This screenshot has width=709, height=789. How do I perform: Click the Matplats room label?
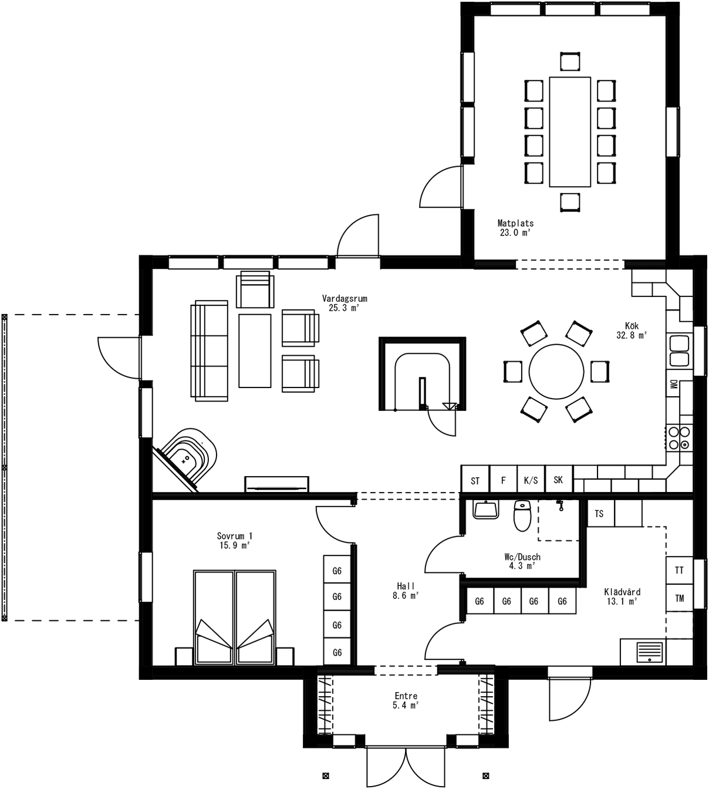515,228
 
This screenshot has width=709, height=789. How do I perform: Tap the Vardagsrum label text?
345,303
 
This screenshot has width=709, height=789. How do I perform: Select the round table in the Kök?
556,372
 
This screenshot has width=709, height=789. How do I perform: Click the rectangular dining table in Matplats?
569,131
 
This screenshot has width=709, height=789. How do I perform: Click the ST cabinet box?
475,480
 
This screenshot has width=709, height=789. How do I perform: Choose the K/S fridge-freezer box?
531,480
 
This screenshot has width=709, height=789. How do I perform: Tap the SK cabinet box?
558,480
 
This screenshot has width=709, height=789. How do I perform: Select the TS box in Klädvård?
599,514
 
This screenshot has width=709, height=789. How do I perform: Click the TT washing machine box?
679,570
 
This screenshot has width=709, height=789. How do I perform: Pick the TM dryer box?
679,598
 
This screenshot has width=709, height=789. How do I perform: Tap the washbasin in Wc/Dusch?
485,510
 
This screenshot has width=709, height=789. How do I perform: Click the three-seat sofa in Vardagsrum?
210,350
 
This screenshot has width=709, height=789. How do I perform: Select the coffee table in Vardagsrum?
255,350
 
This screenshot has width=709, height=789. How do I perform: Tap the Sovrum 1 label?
234,540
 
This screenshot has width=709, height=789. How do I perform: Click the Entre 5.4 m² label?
406,700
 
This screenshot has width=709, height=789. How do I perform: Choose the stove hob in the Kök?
679,438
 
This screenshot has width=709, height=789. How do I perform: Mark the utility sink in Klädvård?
649,652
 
